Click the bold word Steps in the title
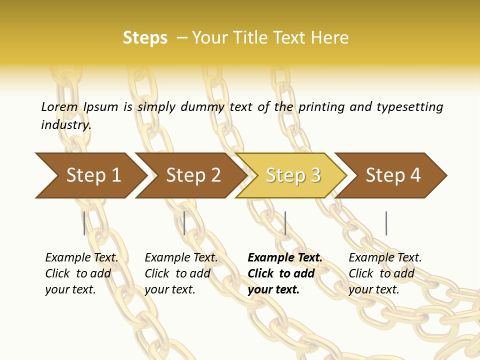145,38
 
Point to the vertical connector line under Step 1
84,223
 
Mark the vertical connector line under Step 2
184,223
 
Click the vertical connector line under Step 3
285,223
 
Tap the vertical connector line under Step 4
386,223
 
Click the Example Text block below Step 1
81,273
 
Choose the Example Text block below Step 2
181,273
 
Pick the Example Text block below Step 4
385,273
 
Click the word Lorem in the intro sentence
59,106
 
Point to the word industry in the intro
65,125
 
